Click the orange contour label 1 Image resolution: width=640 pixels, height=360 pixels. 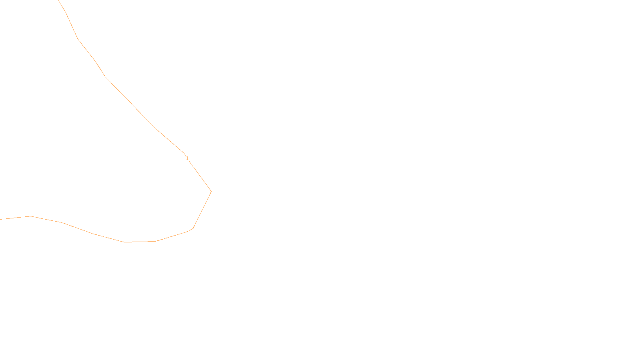[x=187, y=158]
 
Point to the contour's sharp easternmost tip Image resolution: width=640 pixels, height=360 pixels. [x=211, y=192]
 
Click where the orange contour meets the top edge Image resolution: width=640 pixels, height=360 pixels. [x=58, y=0]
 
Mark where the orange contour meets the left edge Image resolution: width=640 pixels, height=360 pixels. [x=0, y=219]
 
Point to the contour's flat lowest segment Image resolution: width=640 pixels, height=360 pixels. [x=140, y=242]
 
